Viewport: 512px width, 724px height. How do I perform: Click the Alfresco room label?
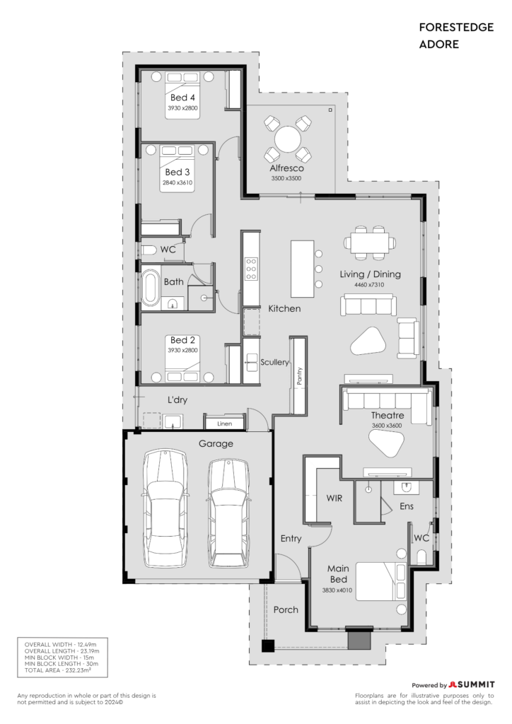(x=286, y=168)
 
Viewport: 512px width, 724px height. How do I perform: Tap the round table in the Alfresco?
(x=288, y=139)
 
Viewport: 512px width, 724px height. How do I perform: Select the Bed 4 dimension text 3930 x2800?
(x=182, y=108)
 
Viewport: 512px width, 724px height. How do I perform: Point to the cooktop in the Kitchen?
(x=251, y=269)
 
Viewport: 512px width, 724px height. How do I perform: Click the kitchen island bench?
(x=303, y=269)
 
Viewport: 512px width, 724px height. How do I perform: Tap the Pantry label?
(x=299, y=376)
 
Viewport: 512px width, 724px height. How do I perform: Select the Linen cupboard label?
(x=224, y=424)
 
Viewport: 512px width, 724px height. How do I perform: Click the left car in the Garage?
(x=165, y=508)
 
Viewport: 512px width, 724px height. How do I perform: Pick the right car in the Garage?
(x=228, y=513)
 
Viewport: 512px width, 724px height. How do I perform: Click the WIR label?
(x=334, y=498)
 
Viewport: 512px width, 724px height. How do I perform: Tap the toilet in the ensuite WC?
(x=421, y=556)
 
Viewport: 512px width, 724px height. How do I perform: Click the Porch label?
(x=286, y=609)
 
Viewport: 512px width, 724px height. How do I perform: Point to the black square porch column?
(x=268, y=646)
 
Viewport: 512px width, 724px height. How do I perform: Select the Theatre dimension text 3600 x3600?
(x=387, y=426)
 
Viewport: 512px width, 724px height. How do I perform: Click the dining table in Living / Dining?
(x=370, y=243)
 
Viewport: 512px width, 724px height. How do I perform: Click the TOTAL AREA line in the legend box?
(x=58, y=670)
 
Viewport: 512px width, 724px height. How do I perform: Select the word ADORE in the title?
(x=439, y=45)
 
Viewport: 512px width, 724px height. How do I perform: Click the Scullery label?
(x=274, y=363)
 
